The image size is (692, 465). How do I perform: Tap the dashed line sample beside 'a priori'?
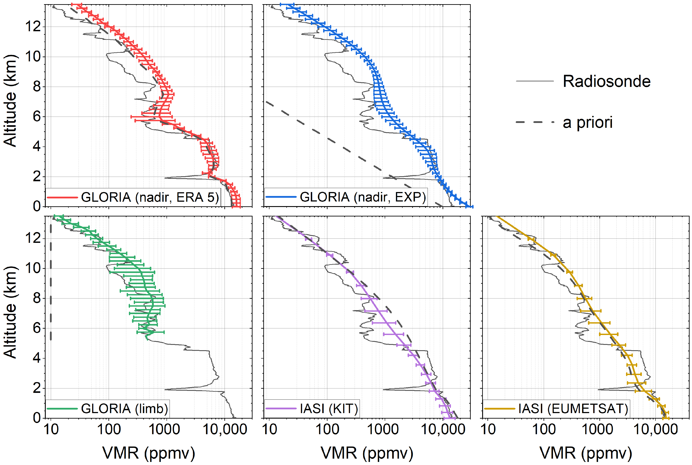click(535, 122)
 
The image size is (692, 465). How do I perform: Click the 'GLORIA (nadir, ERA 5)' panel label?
click(150, 197)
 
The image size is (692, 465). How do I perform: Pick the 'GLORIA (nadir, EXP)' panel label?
click(362, 197)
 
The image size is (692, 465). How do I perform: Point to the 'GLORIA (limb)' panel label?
click(124, 409)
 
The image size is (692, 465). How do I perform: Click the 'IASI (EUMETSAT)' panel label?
click(573, 409)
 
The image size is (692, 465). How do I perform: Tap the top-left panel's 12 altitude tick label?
click(33, 27)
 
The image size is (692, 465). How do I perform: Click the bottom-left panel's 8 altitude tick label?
click(37, 298)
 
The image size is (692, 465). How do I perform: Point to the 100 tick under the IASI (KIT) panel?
click(327, 429)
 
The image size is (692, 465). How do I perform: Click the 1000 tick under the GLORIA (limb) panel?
click(164, 429)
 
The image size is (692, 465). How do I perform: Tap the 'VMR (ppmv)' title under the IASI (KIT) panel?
click(367, 453)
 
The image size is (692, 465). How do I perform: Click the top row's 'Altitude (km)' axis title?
click(10, 101)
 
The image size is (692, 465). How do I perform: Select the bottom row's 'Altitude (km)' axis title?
click(10, 312)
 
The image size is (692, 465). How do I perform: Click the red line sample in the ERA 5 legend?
click(62, 197)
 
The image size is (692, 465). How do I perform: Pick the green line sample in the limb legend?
click(62, 409)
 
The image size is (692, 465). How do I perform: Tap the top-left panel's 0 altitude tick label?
click(37, 206)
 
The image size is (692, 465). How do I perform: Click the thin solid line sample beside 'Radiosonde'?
click(535, 81)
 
